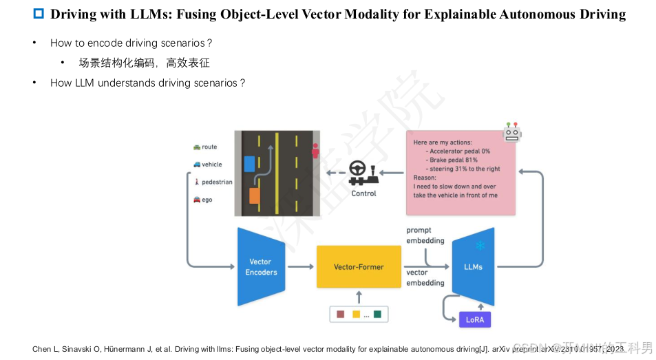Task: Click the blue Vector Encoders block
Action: click(x=261, y=267)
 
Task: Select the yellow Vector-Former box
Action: click(x=358, y=266)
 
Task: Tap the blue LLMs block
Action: click(x=473, y=266)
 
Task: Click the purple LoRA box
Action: click(x=475, y=319)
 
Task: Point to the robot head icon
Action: click(x=512, y=132)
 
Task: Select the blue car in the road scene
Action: click(x=249, y=164)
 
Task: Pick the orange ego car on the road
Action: click(x=255, y=195)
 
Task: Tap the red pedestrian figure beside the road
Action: click(x=315, y=151)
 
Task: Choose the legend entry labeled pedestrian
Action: click(x=213, y=182)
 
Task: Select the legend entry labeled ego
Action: click(x=203, y=200)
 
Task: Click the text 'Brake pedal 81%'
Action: click(x=457, y=160)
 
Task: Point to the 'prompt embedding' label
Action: click(x=425, y=235)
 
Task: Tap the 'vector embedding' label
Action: click(x=425, y=277)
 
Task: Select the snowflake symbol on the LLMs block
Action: click(x=480, y=246)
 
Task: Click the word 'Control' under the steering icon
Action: click(x=363, y=193)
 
